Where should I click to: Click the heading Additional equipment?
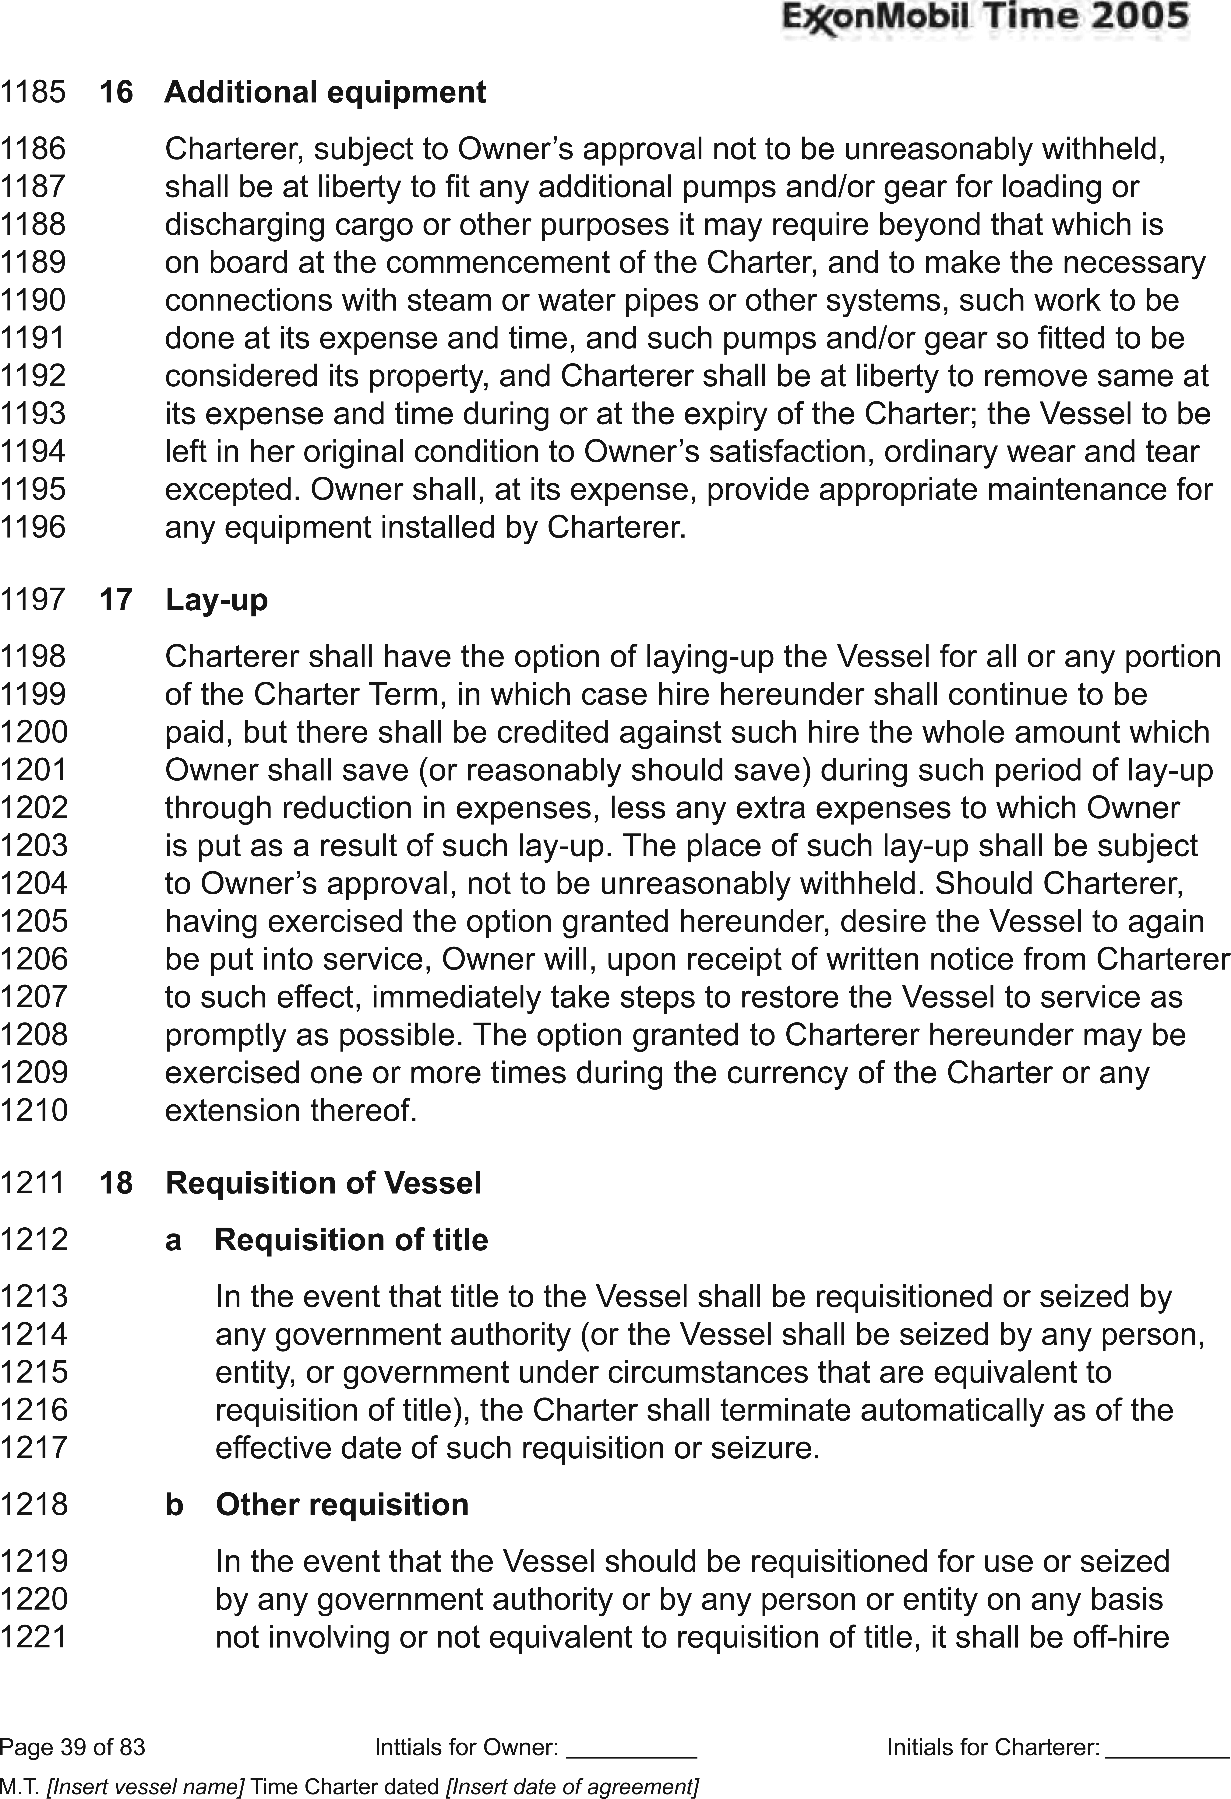coord(325,92)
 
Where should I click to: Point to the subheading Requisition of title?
coord(351,1240)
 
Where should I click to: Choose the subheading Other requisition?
coord(342,1505)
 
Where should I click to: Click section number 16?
coord(116,92)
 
